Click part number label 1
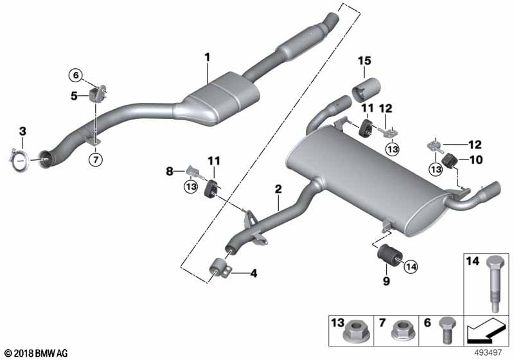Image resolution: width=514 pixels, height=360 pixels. tap(208, 57)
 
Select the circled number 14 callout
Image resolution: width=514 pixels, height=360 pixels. tap(411, 263)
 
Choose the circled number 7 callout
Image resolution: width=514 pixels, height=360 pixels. tap(94, 158)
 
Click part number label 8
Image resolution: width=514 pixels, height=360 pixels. tap(170, 172)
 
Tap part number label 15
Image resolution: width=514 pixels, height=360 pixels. tap(365, 61)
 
